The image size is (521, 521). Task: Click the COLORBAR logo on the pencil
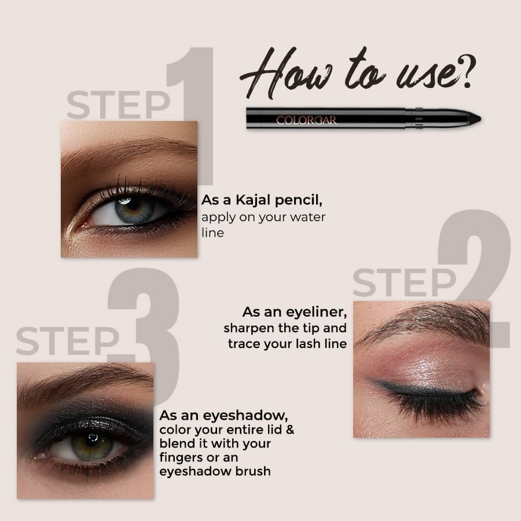306,120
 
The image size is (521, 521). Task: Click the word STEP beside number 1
118,105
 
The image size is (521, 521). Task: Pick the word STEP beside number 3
67,341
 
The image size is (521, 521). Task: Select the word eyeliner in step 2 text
315,313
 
